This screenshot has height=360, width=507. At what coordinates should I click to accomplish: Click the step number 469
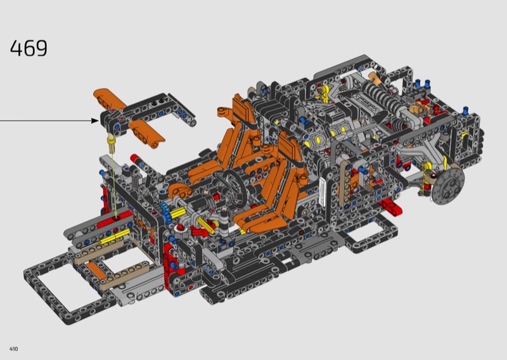coord(29,48)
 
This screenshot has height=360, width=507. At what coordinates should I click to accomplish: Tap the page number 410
coord(13,349)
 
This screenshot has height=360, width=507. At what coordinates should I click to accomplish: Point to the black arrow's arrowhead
coord(95,120)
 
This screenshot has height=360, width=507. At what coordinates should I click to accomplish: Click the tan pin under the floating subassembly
coord(112,145)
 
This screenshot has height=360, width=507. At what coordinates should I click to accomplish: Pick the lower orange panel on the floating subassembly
coord(147,134)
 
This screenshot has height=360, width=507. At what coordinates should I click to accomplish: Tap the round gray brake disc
coord(449,186)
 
